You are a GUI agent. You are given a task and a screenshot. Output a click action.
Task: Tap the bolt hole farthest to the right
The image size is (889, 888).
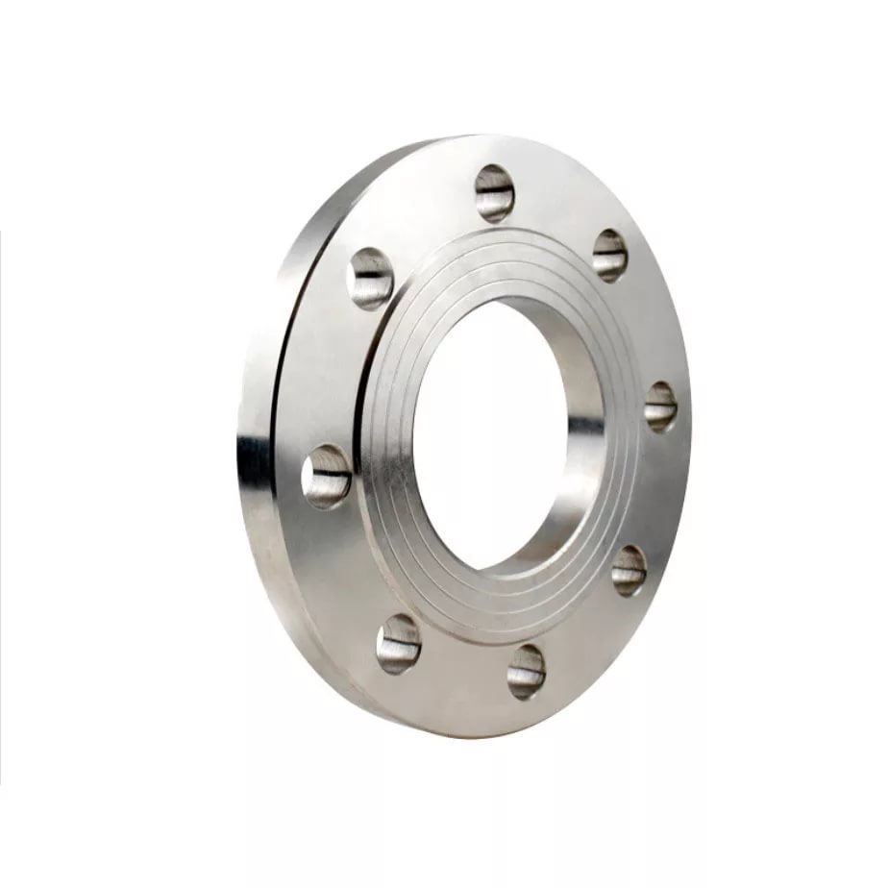pos(660,406)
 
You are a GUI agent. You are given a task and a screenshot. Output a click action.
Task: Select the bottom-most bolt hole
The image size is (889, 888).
pos(527,670)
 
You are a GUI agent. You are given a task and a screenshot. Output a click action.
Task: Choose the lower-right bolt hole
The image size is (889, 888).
pos(630,569)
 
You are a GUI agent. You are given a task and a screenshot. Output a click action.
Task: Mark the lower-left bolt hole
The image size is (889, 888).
pos(398,642)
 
